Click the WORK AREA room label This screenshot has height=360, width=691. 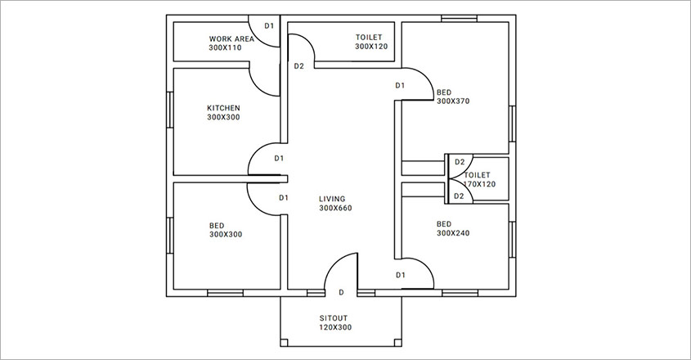[x=231, y=38]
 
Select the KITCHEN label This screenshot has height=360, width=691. [x=223, y=108]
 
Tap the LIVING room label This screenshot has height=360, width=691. [x=333, y=199]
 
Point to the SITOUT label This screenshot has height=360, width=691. [x=335, y=317]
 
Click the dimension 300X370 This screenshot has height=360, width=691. [x=453, y=101]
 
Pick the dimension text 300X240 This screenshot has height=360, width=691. [x=453, y=233]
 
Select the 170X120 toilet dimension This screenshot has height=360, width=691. [x=478, y=184]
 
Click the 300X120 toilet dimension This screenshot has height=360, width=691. [x=371, y=47]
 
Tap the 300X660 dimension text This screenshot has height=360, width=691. [x=335, y=209]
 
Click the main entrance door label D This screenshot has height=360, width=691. [x=341, y=292]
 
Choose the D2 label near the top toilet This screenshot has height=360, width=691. [x=298, y=66]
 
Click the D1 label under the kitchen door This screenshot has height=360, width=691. [x=284, y=198]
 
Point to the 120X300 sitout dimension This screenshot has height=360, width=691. [x=335, y=327]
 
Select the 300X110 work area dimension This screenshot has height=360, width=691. [x=226, y=47]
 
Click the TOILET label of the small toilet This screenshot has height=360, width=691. [x=477, y=175]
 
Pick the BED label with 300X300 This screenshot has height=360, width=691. [x=217, y=224]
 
